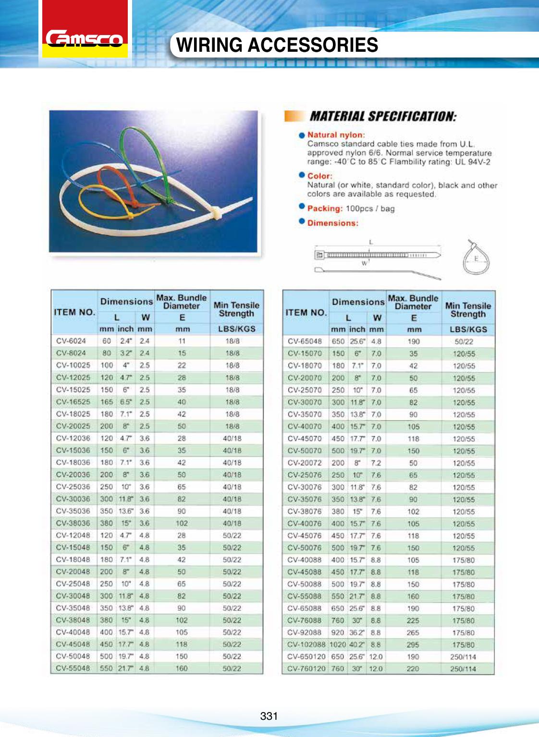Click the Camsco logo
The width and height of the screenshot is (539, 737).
(x=85, y=38)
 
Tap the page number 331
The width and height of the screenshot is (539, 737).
(x=269, y=716)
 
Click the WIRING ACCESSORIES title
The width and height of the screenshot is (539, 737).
(x=277, y=45)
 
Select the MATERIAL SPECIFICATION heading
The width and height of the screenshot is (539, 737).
(x=382, y=116)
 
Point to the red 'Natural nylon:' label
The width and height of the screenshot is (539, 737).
(x=336, y=135)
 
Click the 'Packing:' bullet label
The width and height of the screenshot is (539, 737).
(x=325, y=208)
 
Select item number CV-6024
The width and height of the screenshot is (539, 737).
(x=71, y=341)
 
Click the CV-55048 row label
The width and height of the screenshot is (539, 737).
(x=73, y=668)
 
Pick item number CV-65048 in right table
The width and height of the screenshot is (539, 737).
(x=305, y=341)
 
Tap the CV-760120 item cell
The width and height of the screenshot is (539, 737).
(x=306, y=668)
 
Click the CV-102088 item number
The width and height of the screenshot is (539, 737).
(x=306, y=644)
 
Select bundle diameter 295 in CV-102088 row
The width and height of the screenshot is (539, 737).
(x=413, y=644)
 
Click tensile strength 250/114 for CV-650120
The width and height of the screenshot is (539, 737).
(x=463, y=656)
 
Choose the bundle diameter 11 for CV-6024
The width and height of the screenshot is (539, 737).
(x=182, y=341)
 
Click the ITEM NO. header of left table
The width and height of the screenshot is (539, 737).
(x=74, y=312)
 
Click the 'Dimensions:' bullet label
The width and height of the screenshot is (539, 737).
(x=332, y=223)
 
